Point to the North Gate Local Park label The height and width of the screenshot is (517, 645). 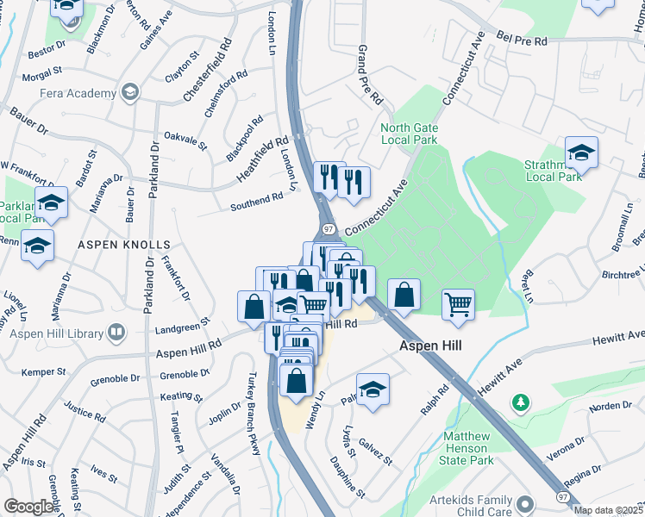pos(410,134)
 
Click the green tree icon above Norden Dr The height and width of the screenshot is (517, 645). pos(520,402)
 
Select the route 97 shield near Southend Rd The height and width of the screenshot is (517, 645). pos(329,229)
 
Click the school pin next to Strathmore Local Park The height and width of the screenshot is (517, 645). pos(582,153)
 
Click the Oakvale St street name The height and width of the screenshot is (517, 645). pos(185,140)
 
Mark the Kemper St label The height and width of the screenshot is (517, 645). pos(44,372)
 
